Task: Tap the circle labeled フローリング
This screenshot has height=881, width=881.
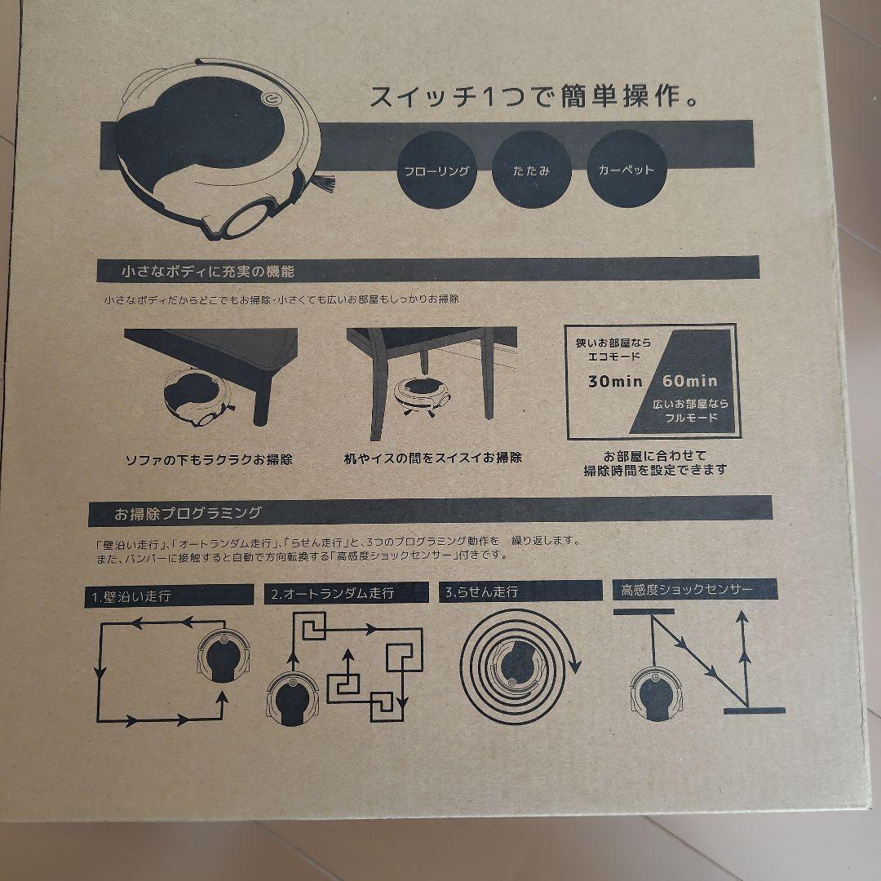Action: click(x=436, y=171)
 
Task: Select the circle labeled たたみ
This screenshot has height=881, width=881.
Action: click(x=532, y=171)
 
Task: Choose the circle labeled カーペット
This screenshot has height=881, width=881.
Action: click(x=626, y=171)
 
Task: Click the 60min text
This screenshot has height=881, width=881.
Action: click(x=690, y=381)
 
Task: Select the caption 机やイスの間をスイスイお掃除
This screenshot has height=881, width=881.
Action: click(x=433, y=458)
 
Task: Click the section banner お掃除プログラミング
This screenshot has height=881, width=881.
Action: click(x=188, y=513)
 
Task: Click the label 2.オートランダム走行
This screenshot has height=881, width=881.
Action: click(x=332, y=593)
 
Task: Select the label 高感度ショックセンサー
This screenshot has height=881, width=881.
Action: click(x=687, y=588)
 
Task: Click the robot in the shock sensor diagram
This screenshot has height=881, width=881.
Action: click(x=657, y=693)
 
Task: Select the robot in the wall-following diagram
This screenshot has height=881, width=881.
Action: click(x=223, y=657)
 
